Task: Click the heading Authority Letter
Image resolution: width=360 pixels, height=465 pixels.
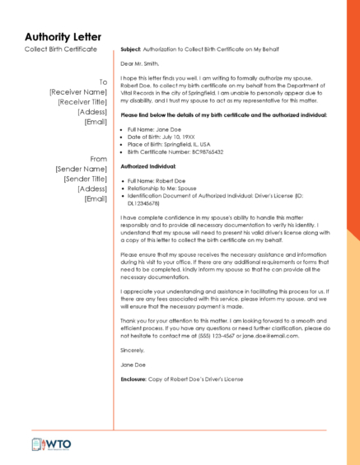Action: [x=63, y=37]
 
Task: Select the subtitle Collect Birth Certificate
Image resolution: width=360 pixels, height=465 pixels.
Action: [x=60, y=49]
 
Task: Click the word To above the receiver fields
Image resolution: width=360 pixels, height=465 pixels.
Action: [x=103, y=82]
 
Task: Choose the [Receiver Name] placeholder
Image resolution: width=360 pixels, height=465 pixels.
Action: [x=78, y=92]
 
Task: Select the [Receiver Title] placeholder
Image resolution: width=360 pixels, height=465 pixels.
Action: [x=82, y=102]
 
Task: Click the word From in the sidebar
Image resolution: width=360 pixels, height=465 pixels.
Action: [x=99, y=159]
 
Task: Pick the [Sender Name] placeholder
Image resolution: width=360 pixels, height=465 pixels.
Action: [x=82, y=169]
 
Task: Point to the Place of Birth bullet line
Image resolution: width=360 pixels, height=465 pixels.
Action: [x=165, y=145]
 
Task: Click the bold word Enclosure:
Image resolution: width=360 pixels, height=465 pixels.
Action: [x=133, y=379]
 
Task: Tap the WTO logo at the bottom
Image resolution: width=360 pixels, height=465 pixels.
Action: [x=51, y=444]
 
